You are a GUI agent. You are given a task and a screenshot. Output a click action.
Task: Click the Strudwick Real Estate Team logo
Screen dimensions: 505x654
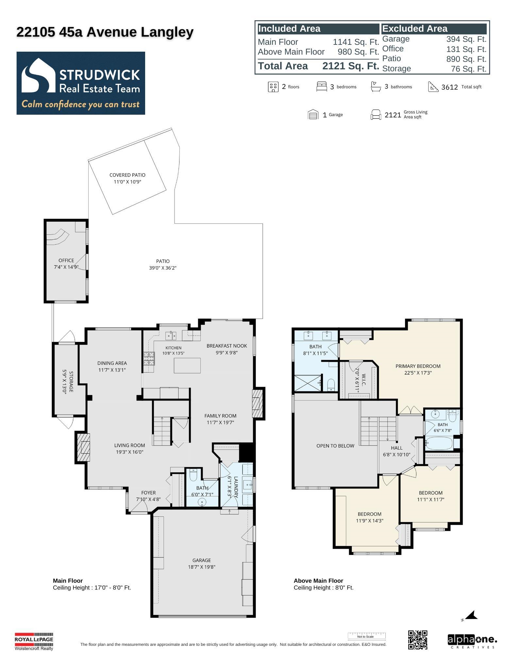pos(81,83)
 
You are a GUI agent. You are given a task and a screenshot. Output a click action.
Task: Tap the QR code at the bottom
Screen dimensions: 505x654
pos(417,640)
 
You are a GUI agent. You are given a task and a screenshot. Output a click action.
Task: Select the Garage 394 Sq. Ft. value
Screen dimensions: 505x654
pos(466,39)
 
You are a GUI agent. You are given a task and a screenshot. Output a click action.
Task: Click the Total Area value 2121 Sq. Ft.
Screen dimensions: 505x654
pos(351,66)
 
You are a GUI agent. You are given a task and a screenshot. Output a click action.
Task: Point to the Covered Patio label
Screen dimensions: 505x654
pos(127,175)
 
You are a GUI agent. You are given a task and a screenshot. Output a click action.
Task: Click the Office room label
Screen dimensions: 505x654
pos(66,260)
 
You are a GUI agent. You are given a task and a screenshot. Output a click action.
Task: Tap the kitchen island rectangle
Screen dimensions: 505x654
pos(187,366)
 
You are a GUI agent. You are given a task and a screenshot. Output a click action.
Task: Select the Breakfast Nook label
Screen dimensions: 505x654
pos(227,346)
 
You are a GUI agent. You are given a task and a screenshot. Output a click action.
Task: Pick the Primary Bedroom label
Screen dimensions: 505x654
pos(418,366)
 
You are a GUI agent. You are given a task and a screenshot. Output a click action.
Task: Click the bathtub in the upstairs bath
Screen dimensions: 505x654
pos(439,443)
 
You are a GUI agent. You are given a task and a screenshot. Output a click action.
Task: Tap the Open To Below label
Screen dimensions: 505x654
pos(335,446)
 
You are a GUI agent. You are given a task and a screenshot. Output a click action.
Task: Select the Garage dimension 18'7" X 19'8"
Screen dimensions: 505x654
pos(202,567)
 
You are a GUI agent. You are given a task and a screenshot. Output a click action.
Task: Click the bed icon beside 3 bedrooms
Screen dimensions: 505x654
pos(322,87)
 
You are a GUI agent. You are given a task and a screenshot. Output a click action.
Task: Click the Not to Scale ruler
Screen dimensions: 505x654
pos(366,636)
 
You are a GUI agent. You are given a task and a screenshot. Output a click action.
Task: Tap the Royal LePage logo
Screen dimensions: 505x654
pos(34,641)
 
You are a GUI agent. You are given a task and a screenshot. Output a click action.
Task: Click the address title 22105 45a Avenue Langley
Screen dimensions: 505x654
pos(105,32)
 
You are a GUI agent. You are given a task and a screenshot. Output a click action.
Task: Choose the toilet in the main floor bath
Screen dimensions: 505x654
pos(193,475)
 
